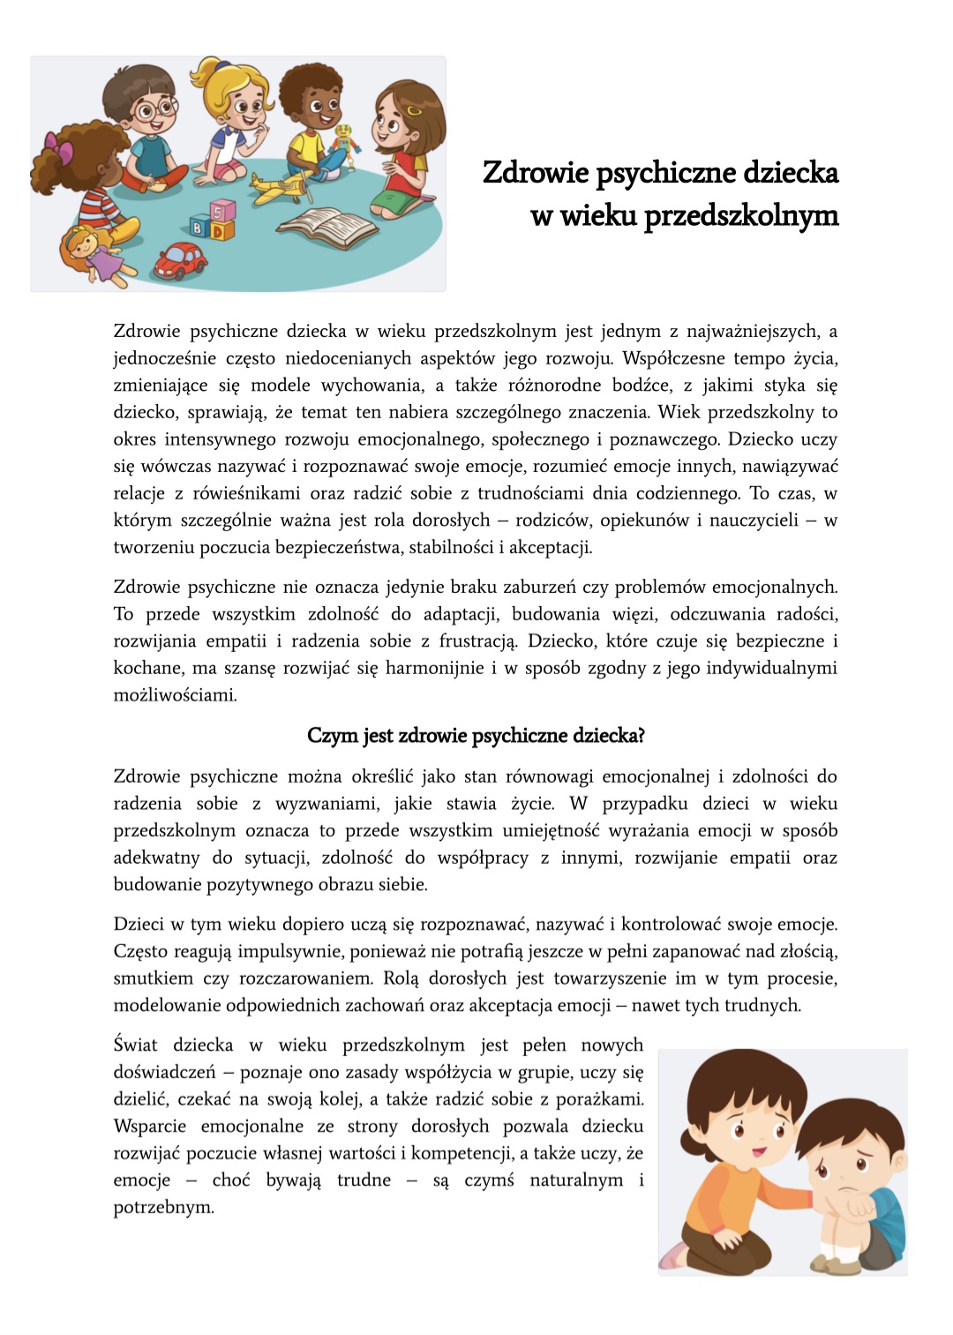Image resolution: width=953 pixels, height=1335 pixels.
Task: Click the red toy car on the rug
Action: coord(180,259)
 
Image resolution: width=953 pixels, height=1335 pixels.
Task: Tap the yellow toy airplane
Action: coord(281,186)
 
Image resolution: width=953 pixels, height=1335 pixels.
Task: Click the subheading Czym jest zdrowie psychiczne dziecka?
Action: coord(476,736)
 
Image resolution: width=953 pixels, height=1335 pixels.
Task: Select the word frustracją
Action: coord(485,641)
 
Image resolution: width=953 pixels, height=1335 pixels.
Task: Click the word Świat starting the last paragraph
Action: coord(135,1046)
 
